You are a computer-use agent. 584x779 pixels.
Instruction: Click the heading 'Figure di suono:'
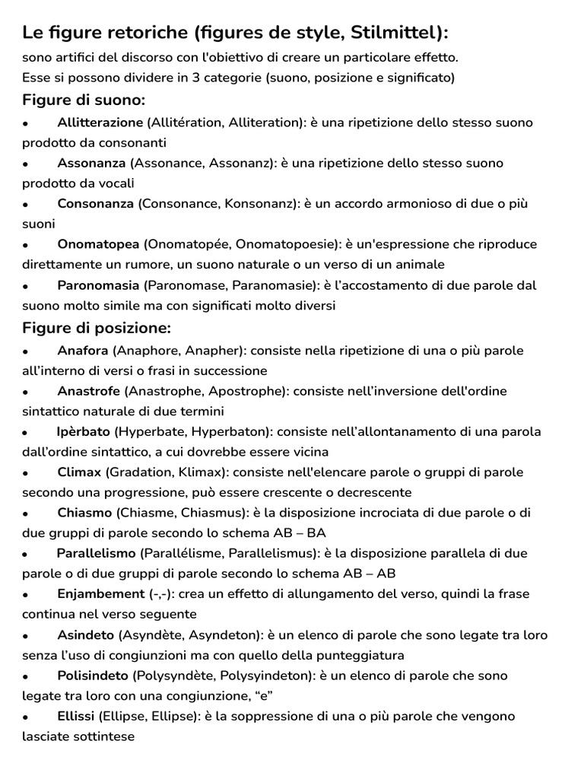tap(84, 100)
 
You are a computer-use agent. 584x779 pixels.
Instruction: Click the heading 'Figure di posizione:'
tap(97, 329)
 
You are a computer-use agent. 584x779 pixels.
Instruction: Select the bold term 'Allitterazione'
tap(100, 122)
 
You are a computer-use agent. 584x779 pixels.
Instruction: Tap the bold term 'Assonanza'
tap(91, 163)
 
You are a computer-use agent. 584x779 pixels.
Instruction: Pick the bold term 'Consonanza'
tap(95, 204)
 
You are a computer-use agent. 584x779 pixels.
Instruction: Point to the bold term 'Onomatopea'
tap(98, 244)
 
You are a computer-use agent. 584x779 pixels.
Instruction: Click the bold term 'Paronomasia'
tap(98, 285)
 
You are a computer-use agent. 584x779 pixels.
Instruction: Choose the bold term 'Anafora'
tap(83, 351)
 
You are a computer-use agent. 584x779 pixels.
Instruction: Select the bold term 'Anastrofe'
tap(88, 391)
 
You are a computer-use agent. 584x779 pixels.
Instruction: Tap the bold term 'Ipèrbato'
tap(84, 431)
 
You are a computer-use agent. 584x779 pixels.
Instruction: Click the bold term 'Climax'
tap(79, 472)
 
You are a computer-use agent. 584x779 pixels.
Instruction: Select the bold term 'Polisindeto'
tap(92, 676)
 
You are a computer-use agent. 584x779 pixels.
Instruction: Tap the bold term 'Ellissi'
tap(76, 716)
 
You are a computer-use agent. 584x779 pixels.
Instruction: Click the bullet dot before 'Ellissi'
tap(26, 717)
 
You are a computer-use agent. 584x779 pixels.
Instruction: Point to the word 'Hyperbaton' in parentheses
tap(227, 431)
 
